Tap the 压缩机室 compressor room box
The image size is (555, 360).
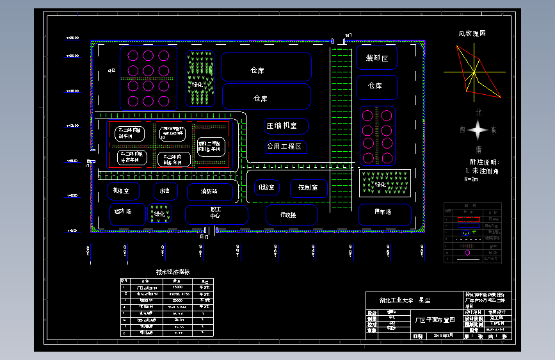pos(286,126)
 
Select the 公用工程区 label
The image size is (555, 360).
pos(286,147)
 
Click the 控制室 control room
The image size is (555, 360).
pos(308,188)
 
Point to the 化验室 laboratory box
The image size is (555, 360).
pos(266,188)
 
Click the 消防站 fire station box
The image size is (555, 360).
pos(210,192)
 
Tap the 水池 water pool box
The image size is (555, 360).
pos(165,191)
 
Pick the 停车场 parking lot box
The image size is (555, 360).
pos(384,213)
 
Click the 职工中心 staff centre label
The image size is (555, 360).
pos(216,213)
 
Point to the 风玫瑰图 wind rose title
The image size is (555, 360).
pos(472,33)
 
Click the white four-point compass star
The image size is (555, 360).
pos(478,130)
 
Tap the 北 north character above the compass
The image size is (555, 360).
pos(478,111)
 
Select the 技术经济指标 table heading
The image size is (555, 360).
pos(173,272)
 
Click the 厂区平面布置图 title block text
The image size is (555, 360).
pos(435,319)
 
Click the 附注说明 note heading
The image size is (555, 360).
pos(484,163)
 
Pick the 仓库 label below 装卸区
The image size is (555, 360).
pos(375,86)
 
